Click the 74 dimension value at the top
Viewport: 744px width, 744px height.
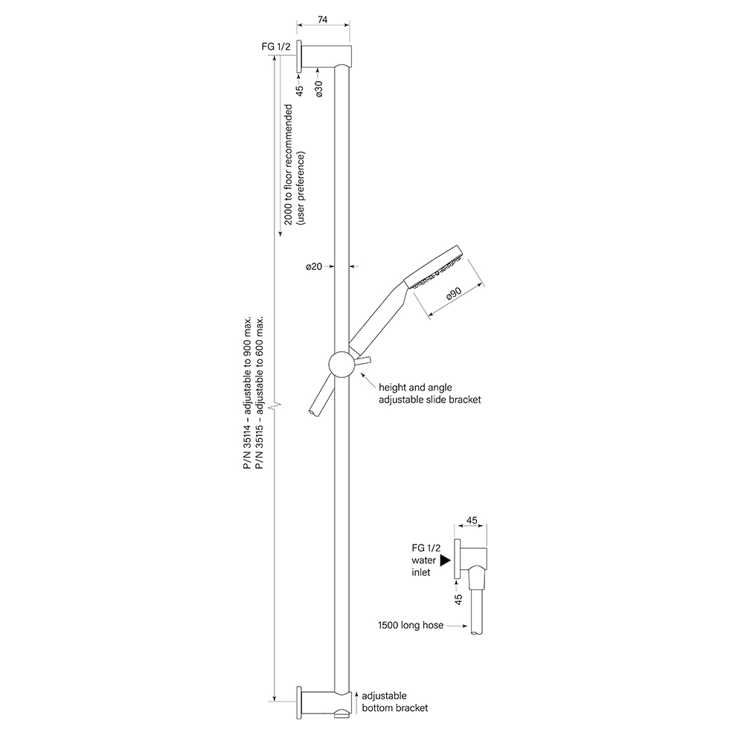(x=322, y=20)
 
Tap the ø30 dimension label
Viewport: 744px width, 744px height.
(x=319, y=89)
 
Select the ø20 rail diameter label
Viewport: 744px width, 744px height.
(x=314, y=266)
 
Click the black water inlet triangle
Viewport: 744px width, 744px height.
(x=445, y=560)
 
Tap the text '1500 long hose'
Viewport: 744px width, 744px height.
(x=411, y=626)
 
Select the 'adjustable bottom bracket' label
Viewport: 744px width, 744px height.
(x=395, y=702)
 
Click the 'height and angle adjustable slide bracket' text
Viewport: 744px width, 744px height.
(x=430, y=394)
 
